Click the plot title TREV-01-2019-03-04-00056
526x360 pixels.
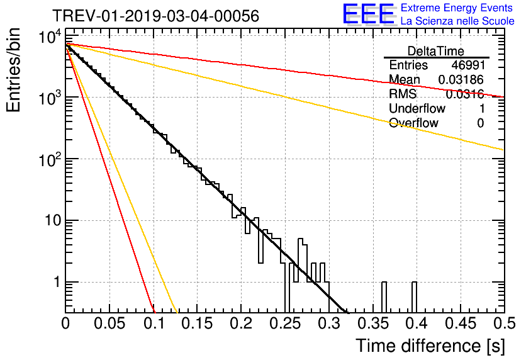click(156, 16)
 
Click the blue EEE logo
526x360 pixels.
click(369, 14)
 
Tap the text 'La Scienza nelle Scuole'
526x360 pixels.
click(457, 21)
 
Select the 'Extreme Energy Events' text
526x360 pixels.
click(457, 8)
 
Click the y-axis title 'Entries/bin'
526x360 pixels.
click(13, 70)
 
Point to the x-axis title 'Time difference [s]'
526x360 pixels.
click(430, 346)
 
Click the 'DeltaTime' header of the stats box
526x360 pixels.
click(436, 51)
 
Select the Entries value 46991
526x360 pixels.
click(468, 65)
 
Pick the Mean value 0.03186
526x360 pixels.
click(461, 79)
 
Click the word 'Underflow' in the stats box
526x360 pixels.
click(417, 108)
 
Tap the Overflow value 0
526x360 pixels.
click(480, 123)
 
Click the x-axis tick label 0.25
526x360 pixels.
click(285, 323)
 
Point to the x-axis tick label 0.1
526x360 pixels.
click(154, 323)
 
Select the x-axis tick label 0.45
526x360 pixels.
click(461, 323)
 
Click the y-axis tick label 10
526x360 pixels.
click(53, 220)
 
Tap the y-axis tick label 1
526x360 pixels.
click(57, 282)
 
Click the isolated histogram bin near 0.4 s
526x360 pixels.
click(414, 297)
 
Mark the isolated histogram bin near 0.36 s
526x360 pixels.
click(384, 297)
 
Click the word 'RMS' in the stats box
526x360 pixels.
click(403, 94)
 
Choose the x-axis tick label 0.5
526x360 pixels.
click(504, 323)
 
